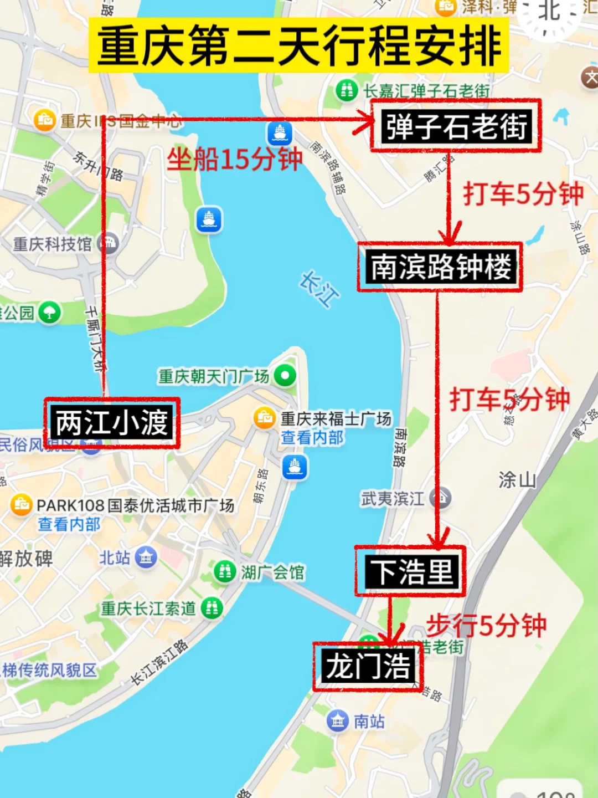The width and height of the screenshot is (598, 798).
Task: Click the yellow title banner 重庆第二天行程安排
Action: [299, 46]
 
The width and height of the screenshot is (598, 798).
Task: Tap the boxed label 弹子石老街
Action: [455, 126]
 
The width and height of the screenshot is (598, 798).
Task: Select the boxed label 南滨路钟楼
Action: [440, 267]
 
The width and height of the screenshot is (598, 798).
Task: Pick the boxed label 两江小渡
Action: [112, 423]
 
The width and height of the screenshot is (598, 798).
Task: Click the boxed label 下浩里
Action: [410, 571]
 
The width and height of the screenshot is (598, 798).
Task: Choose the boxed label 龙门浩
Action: [368, 666]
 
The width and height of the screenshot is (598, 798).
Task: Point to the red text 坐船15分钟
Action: [235, 160]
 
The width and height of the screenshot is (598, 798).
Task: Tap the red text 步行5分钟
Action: [486, 626]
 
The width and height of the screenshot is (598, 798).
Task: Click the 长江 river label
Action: [319, 289]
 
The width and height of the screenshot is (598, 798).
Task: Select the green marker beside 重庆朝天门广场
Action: [285, 376]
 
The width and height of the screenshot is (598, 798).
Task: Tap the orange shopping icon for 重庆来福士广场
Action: [265, 417]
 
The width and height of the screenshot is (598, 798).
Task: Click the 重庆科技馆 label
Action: [53, 244]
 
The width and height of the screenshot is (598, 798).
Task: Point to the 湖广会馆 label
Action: [272, 572]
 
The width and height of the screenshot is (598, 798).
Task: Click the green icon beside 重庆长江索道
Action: [212, 608]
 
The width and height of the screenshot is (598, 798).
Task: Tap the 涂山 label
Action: [517, 479]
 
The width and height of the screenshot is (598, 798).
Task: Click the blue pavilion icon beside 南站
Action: [337, 721]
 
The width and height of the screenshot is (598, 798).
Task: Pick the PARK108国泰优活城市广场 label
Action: [135, 505]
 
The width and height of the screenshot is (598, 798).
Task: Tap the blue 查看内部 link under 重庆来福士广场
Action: [312, 438]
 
